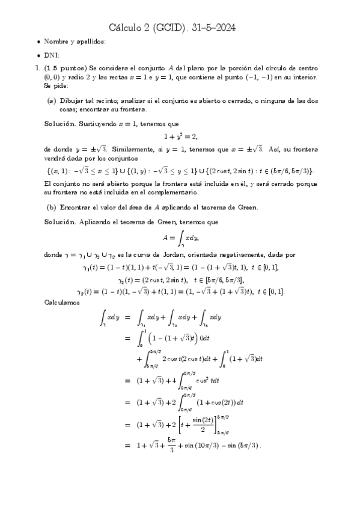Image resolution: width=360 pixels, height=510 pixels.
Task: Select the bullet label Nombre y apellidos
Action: point(75,41)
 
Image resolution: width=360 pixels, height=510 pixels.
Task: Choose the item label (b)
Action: point(51,207)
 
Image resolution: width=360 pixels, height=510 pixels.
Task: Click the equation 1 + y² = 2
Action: point(181,136)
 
